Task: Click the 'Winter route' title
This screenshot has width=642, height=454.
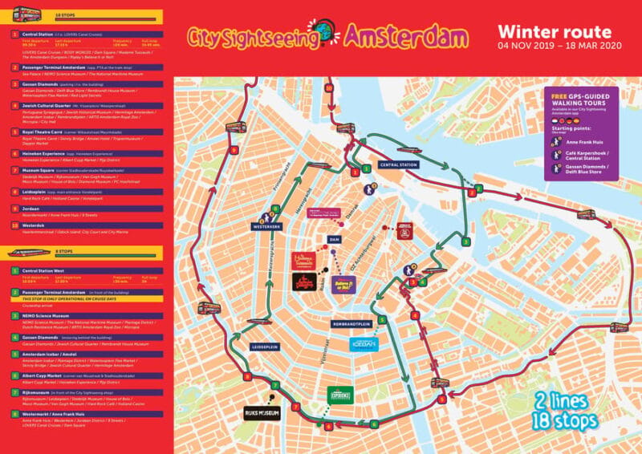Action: tap(554, 31)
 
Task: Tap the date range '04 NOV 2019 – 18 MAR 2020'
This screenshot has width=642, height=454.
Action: tap(554, 46)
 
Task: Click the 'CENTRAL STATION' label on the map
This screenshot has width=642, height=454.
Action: tap(399, 164)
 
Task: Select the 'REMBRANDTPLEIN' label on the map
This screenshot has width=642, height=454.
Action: tap(356, 323)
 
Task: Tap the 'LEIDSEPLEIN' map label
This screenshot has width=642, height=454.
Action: tap(265, 347)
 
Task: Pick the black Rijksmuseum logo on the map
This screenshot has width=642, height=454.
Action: tap(262, 414)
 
